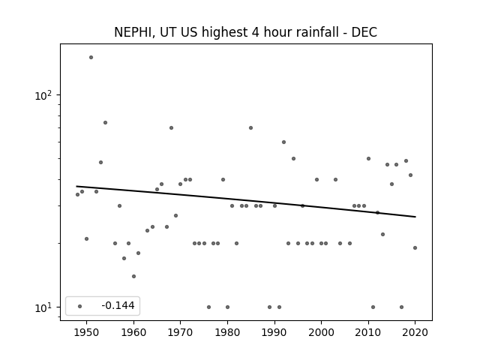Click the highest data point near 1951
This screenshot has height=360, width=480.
[91, 57]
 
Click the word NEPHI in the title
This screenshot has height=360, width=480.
[132, 32]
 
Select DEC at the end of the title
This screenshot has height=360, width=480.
[364, 32]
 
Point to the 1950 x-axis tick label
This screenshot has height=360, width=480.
[87, 332]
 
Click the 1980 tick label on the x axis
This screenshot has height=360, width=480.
[227, 332]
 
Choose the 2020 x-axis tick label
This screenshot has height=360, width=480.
[415, 332]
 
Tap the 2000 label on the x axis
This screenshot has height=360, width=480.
[321, 332]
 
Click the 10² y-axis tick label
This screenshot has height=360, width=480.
[43, 95]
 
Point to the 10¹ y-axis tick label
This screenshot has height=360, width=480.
[43, 307]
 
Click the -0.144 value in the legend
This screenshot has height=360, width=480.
[118, 305]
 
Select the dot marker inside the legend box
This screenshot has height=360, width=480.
[79, 306]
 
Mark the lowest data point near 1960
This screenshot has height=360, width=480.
[133, 277]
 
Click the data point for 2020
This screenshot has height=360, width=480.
[415, 248]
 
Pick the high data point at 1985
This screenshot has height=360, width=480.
[250, 128]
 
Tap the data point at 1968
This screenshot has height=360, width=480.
[171, 128]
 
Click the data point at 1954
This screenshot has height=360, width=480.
[105, 123]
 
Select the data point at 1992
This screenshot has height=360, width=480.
[283, 142]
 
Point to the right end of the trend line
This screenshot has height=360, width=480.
[415, 217]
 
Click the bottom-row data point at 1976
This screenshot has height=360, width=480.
[208, 307]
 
